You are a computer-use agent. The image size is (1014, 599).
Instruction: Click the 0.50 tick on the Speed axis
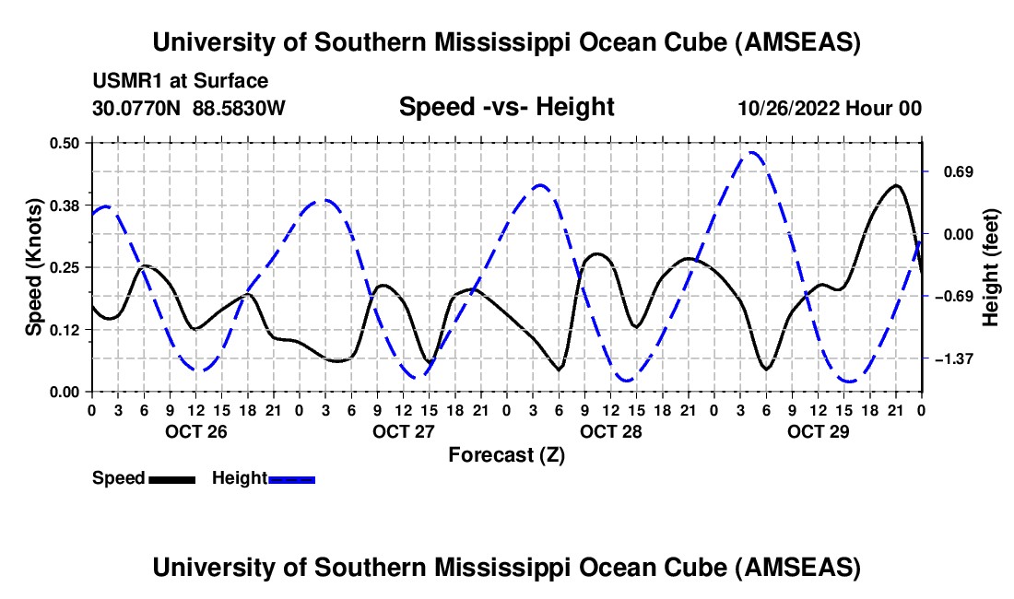(x=67, y=143)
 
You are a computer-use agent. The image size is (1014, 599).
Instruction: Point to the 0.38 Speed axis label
(x=67, y=205)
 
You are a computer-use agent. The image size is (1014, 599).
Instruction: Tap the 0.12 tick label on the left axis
(x=67, y=330)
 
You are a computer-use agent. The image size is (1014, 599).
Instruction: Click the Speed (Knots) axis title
(x=34, y=266)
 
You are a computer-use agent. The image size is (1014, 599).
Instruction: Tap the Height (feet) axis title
(x=991, y=266)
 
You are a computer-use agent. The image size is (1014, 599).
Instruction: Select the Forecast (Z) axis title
(x=506, y=454)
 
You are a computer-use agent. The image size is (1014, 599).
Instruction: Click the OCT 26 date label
(x=195, y=431)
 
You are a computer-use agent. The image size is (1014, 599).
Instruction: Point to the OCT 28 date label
(x=610, y=431)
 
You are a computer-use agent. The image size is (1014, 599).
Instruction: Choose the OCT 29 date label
(x=818, y=431)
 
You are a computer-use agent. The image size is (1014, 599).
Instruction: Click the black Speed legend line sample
(x=171, y=478)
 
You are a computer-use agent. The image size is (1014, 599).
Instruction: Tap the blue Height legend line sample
(x=291, y=478)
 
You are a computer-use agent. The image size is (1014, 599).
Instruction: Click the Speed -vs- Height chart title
(x=506, y=107)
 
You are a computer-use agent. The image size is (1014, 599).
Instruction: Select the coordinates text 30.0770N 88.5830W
(x=189, y=108)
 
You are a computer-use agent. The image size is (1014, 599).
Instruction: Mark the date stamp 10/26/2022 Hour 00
(x=830, y=108)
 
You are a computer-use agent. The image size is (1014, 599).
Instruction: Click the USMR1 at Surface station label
(x=181, y=81)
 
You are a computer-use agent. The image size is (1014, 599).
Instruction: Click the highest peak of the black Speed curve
(x=895, y=185)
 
